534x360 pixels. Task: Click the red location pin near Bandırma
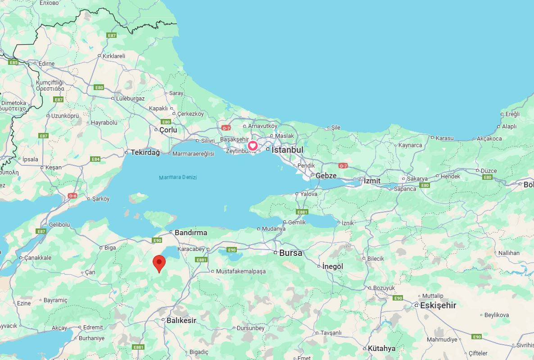tap(159, 263)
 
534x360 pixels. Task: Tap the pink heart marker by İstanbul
tap(253, 146)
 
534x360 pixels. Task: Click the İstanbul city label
tap(287, 150)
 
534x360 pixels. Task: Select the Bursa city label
tap(290, 253)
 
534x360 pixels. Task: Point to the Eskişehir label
tap(438, 305)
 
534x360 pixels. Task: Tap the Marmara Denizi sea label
tap(178, 178)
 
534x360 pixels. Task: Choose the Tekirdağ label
tap(145, 153)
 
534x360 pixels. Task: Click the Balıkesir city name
tap(181, 320)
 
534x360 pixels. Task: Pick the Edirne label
tap(46, 64)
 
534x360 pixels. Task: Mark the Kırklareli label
tap(114, 56)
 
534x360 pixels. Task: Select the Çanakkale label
tap(38, 258)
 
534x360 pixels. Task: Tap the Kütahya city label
tap(381, 348)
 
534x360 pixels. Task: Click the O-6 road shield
tap(72, 196)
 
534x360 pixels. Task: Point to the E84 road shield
tap(95, 159)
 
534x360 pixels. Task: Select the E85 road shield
tap(13, 62)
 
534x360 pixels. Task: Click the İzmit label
tap(372, 181)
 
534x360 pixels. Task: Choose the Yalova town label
tap(309, 194)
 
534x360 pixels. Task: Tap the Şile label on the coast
tap(336, 128)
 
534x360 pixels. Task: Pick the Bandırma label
tap(190, 232)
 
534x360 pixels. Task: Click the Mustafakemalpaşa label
tap(241, 271)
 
